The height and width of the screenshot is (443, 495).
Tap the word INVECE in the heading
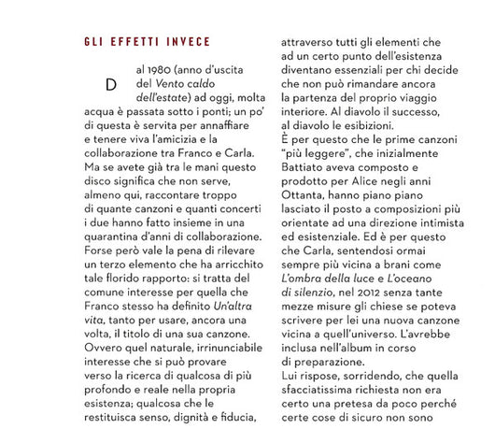[x=187, y=42]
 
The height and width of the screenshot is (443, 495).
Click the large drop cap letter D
[x=111, y=84]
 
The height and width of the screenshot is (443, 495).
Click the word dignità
[x=186, y=419]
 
